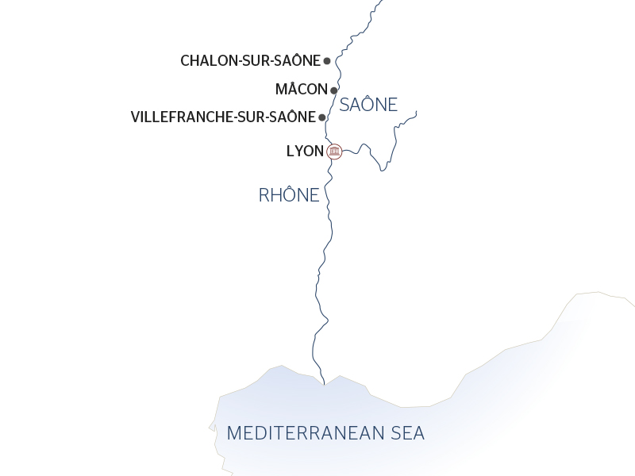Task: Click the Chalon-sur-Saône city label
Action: coord(250,60)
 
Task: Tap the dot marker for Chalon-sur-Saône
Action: coord(327,60)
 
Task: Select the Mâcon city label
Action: coord(301,90)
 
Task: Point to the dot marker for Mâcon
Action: coord(334,90)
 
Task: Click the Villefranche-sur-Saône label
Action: coord(222,117)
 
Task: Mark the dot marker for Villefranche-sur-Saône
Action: coord(321,117)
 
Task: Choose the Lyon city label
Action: coord(305,151)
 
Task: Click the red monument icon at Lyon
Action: coord(334,151)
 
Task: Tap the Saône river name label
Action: coord(368,105)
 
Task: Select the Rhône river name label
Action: coord(289,195)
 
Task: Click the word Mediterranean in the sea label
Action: coord(300,434)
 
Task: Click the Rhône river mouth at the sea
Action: coord(324,383)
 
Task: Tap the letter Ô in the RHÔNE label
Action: coord(289,195)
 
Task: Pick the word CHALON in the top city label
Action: coord(205,60)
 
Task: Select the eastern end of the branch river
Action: coord(416,111)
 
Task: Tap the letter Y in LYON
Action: coord(298,151)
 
